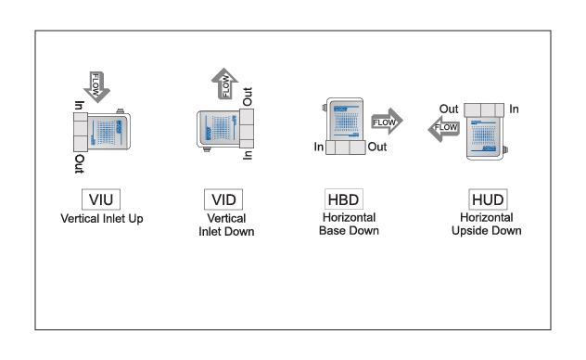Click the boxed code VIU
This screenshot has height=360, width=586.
(x=102, y=199)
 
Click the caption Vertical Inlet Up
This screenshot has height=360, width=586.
(x=102, y=219)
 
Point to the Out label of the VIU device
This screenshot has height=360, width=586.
(x=80, y=164)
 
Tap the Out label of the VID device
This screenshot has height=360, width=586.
(x=247, y=96)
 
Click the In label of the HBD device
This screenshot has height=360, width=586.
(x=319, y=148)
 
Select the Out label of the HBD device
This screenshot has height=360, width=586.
(x=377, y=148)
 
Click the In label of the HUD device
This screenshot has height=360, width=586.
(x=514, y=109)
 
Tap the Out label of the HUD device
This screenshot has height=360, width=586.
(x=449, y=109)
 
